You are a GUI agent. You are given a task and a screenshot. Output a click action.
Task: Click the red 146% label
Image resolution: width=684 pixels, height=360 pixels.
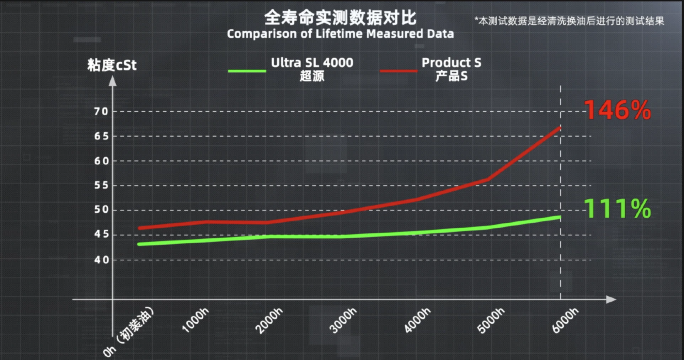click(x=618, y=110)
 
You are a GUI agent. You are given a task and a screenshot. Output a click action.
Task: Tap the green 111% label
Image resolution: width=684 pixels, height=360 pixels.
click(x=618, y=208)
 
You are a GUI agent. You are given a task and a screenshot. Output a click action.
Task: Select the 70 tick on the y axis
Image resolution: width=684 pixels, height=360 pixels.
click(x=101, y=112)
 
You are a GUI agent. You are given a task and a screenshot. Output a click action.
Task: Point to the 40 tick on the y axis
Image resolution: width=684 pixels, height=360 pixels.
click(x=101, y=260)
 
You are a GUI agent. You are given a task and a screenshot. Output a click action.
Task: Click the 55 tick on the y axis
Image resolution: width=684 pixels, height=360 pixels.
click(x=101, y=185)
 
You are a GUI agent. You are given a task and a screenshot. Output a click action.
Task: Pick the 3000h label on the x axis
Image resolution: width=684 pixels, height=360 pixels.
click(x=343, y=321)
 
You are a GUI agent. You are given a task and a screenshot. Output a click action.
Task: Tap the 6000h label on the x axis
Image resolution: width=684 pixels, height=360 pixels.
click(x=565, y=321)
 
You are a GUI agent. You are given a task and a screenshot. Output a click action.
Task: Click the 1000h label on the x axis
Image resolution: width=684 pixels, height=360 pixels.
click(x=196, y=321)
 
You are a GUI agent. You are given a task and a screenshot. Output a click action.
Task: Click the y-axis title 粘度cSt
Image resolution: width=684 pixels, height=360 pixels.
click(x=112, y=65)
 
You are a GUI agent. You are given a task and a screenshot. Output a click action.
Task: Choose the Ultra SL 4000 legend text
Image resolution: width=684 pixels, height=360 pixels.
click(x=312, y=63)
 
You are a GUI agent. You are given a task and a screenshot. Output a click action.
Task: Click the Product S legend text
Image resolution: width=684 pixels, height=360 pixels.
click(x=451, y=63)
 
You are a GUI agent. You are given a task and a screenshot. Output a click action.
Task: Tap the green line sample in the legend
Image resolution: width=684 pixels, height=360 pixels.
click(x=247, y=71)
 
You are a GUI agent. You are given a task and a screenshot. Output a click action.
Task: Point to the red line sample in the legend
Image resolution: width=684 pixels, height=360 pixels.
click(x=399, y=71)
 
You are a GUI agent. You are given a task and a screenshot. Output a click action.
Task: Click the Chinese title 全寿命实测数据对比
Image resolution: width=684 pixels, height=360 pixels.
click(x=340, y=18)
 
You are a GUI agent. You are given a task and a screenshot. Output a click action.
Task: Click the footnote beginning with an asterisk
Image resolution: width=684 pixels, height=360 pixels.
click(x=569, y=21)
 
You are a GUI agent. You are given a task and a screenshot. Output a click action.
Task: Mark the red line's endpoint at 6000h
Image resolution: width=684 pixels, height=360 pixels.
click(x=560, y=128)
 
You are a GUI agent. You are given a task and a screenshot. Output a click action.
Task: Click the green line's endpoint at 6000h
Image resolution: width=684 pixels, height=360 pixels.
click(x=560, y=217)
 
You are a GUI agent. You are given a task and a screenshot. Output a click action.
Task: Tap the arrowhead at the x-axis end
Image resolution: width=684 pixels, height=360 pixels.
click(x=611, y=300)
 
